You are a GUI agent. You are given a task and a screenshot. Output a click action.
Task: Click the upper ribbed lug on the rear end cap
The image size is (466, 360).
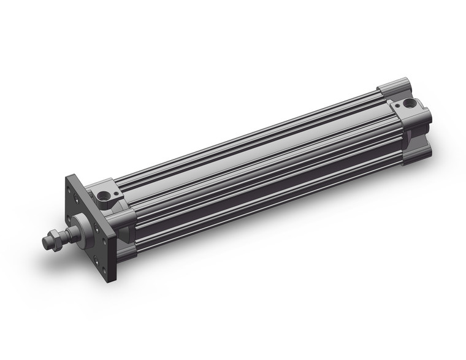coord(395,85)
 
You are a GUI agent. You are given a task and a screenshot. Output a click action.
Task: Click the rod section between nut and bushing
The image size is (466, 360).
coord(66,231)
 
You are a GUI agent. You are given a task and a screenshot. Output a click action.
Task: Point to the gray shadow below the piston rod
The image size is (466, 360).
coord(67,258)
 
